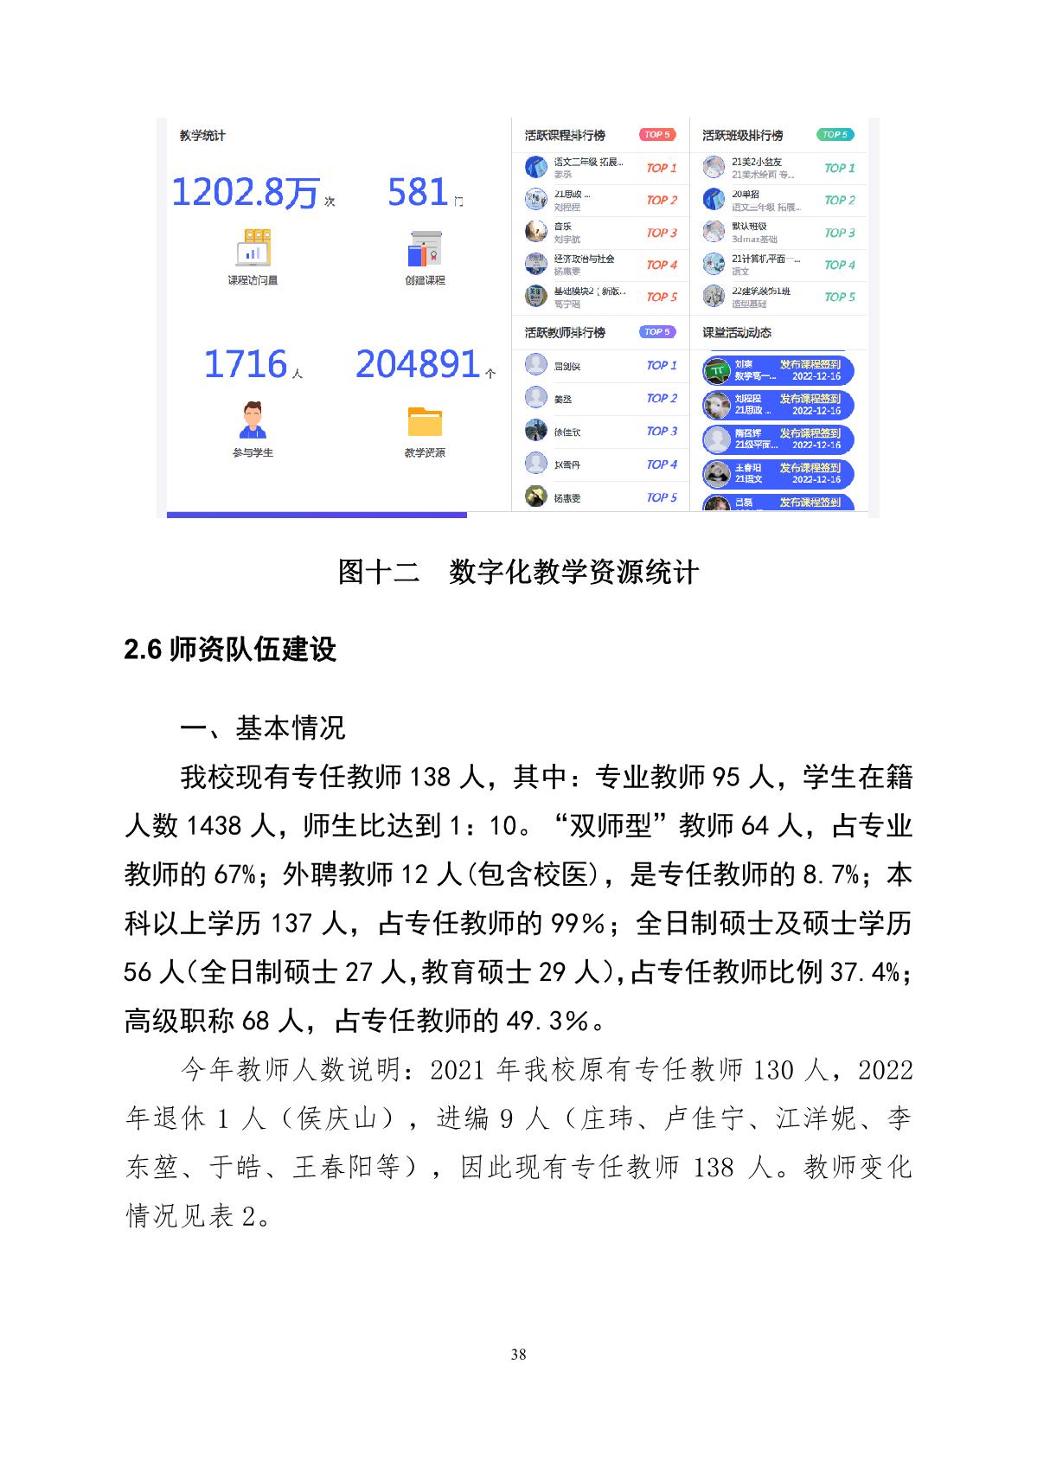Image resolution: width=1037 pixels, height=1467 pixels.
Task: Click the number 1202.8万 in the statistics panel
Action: click(246, 192)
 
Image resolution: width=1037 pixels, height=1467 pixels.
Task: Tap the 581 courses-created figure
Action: click(418, 192)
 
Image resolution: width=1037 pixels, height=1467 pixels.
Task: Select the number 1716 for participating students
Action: click(245, 364)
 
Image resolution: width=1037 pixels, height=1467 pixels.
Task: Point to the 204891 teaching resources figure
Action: click(418, 364)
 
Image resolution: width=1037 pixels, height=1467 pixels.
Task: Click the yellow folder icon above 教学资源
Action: click(425, 421)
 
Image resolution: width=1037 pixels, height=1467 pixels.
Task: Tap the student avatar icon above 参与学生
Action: click(253, 420)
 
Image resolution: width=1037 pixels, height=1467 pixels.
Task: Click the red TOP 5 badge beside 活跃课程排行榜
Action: click(657, 135)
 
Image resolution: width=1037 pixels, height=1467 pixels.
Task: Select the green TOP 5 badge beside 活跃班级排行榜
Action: click(835, 135)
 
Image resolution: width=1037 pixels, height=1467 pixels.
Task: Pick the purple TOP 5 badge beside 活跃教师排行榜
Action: click(657, 332)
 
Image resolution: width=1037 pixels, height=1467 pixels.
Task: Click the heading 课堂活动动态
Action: click(737, 333)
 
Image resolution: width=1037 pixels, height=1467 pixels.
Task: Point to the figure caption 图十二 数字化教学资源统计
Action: click(518, 573)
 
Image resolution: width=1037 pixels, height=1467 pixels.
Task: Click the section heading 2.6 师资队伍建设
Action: click(230, 650)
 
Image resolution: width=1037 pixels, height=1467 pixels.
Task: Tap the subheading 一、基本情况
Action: click(262, 728)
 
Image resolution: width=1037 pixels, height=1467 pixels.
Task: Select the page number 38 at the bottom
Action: click(518, 1355)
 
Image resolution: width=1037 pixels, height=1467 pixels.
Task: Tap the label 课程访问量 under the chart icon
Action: click(253, 280)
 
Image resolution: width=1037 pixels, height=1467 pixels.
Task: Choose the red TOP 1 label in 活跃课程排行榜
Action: click(662, 169)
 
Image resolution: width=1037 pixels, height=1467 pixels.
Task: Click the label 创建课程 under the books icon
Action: click(425, 280)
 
